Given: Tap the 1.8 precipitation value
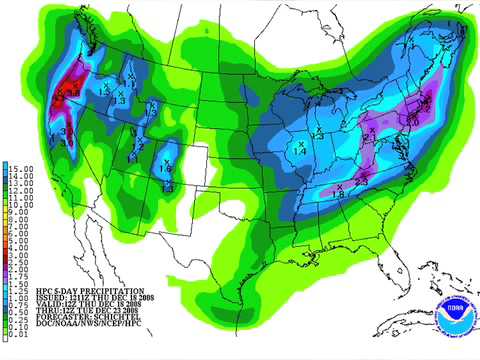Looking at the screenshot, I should tap(340, 195).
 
